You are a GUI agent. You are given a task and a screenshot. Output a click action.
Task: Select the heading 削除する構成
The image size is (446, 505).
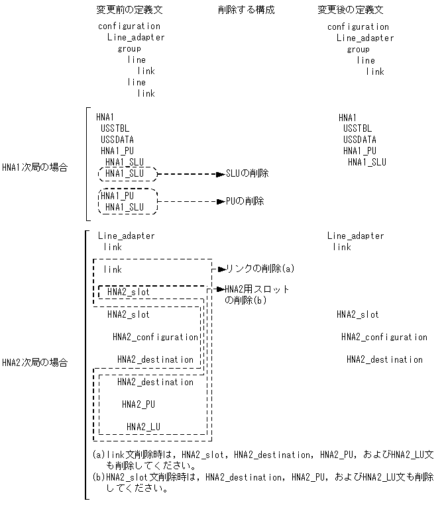pos(245,10)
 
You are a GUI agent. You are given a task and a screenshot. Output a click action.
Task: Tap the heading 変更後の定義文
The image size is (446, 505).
pos(350,10)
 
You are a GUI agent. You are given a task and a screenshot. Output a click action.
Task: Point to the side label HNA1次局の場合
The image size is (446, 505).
pos(34,167)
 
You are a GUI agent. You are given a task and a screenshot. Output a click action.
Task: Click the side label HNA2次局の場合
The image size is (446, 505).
pos(34,363)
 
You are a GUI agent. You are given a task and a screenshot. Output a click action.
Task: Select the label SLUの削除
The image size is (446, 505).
pos(247,173)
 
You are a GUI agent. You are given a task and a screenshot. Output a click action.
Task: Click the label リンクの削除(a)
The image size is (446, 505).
pos(260,269)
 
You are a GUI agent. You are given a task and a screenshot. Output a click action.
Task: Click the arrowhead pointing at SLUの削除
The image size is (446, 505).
pos(221,174)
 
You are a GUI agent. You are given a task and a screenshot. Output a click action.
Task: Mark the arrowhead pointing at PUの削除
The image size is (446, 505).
pos(221,201)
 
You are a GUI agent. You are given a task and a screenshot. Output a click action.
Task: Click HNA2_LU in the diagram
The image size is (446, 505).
pos(143,426)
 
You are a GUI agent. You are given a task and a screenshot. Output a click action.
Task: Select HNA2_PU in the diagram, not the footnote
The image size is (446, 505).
pos(139,404)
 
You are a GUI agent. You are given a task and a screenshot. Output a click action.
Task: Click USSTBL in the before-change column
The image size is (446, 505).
pos(116,128)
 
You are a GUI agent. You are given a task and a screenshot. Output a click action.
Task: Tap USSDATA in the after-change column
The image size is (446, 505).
pos(359,140)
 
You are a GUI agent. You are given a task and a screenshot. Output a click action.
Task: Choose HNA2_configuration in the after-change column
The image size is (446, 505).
pos(384,337)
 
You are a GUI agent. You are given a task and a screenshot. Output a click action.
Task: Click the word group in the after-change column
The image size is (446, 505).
pos(358,49)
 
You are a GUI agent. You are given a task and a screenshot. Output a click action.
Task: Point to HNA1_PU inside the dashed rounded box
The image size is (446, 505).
pos(117,196)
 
